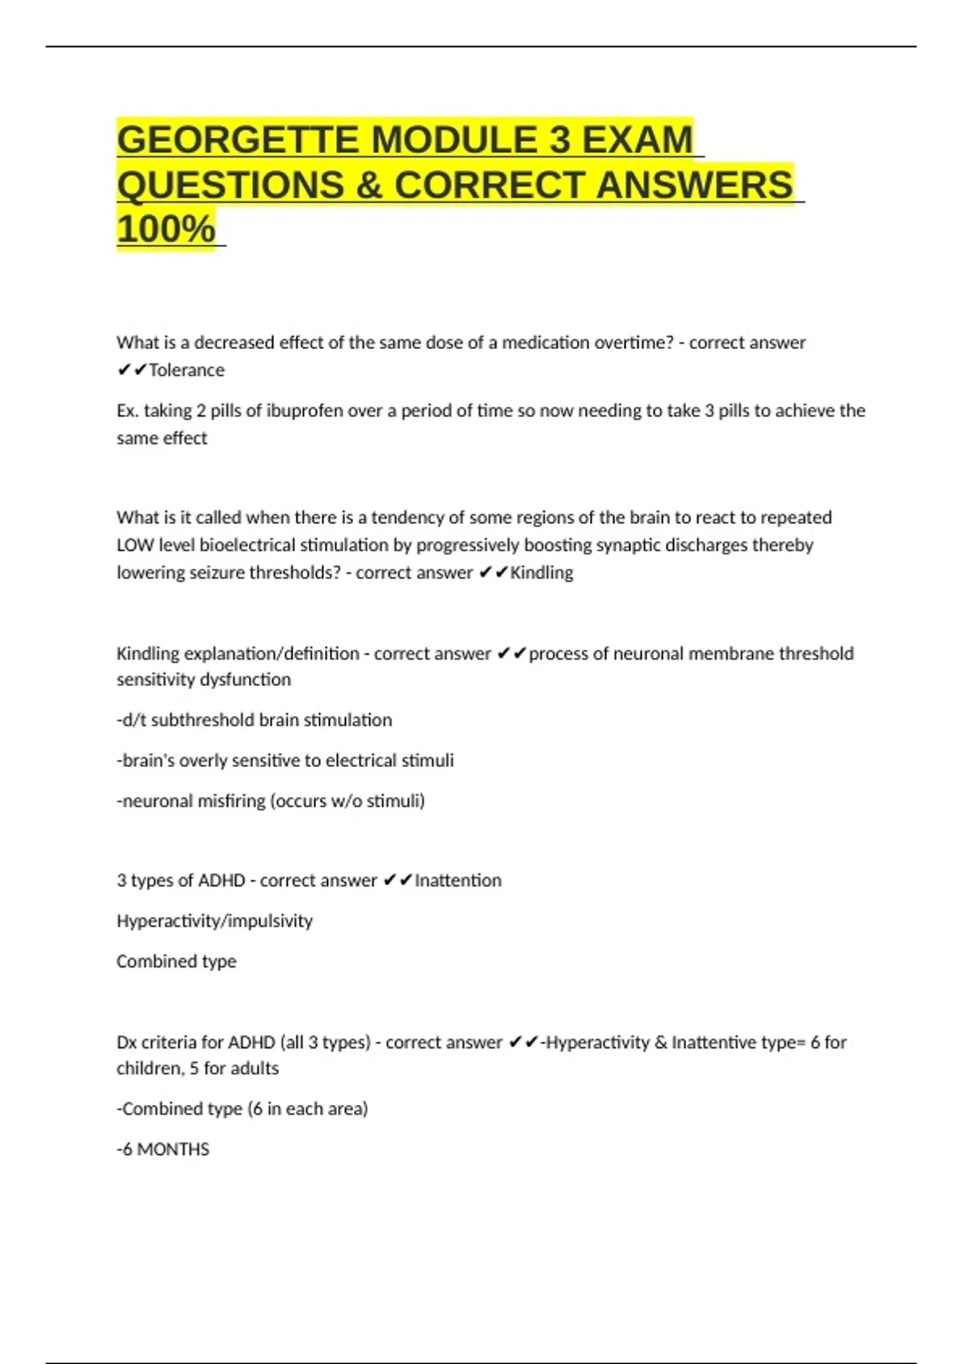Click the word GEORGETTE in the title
click(x=238, y=140)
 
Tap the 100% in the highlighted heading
click(x=166, y=229)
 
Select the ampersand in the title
click(x=368, y=185)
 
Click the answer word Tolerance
click(x=186, y=370)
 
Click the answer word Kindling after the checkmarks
click(x=542, y=573)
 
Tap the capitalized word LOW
click(x=135, y=546)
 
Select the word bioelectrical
click(x=248, y=546)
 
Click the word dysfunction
click(x=245, y=680)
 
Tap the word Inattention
click(x=457, y=881)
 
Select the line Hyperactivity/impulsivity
click(x=214, y=921)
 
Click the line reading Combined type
click(x=177, y=961)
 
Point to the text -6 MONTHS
click(x=163, y=1150)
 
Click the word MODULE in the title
click(x=453, y=140)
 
